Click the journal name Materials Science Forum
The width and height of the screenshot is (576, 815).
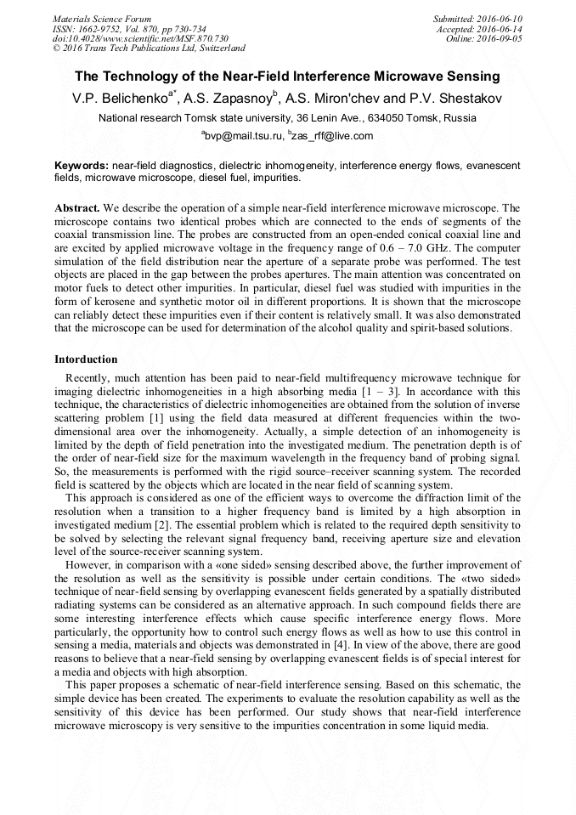click(x=102, y=19)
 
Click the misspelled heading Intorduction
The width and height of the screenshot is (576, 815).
click(x=86, y=359)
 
